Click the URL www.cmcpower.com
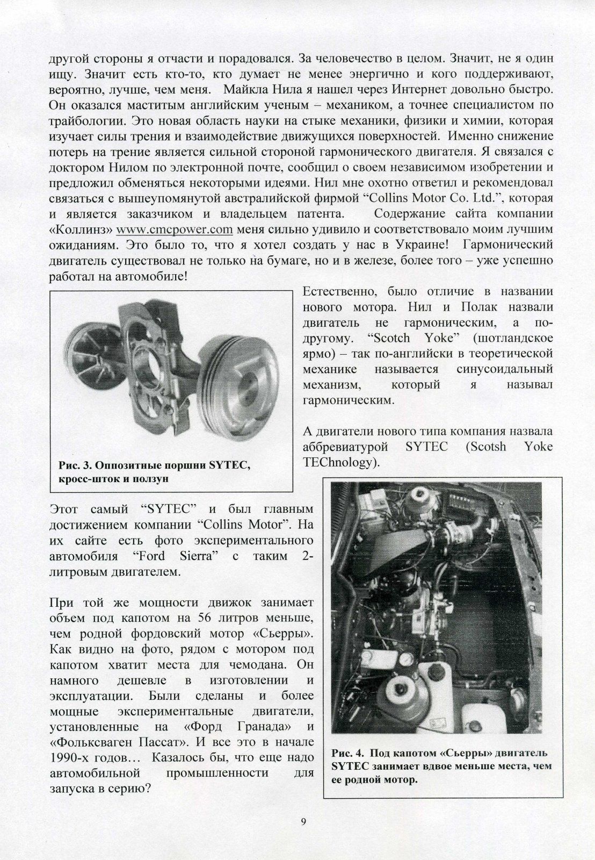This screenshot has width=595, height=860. [x=174, y=230]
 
